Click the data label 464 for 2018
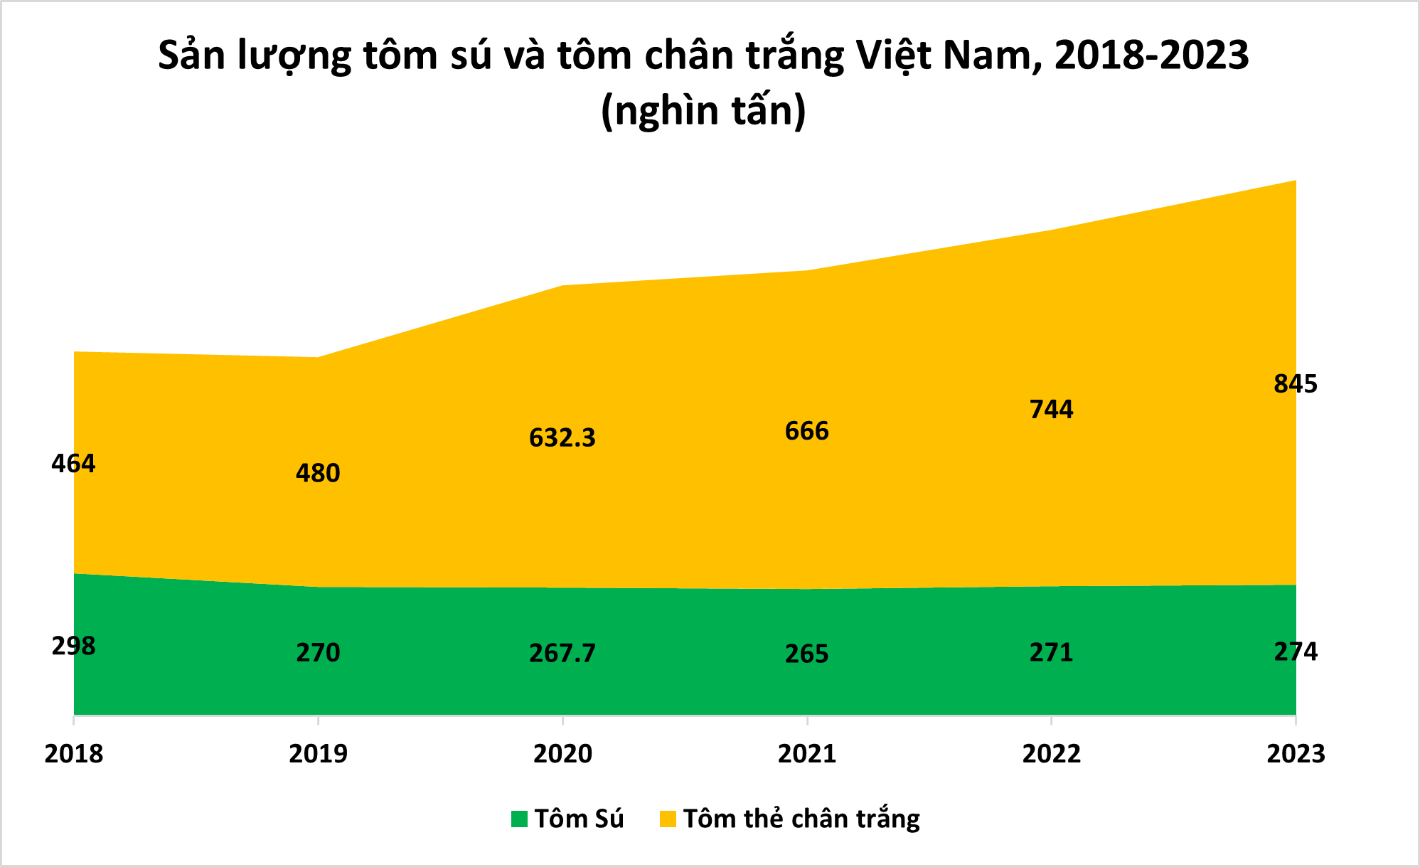pyautogui.click(x=73, y=464)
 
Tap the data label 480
pyautogui.click(x=318, y=474)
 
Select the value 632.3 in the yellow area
pyautogui.click(x=562, y=438)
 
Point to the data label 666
pyautogui.click(x=806, y=431)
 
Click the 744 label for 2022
pyautogui.click(x=1051, y=410)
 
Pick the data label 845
pyautogui.click(x=1295, y=384)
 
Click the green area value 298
pyautogui.click(x=73, y=647)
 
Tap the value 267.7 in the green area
pyautogui.click(x=562, y=653)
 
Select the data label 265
pyautogui.click(x=806, y=654)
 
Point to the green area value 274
pyautogui.click(x=1295, y=651)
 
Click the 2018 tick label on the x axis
pyautogui.click(x=73, y=754)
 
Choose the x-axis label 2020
pyautogui.click(x=562, y=754)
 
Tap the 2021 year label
pyautogui.click(x=806, y=754)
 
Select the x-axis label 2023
pyautogui.click(x=1295, y=754)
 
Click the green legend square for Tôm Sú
pyautogui.click(x=519, y=819)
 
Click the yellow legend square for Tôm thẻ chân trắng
pyautogui.click(x=668, y=819)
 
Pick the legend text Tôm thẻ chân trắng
pyautogui.click(x=801, y=819)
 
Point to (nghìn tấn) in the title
pyautogui.click(x=703, y=111)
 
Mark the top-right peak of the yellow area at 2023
pyautogui.click(x=1295, y=181)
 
